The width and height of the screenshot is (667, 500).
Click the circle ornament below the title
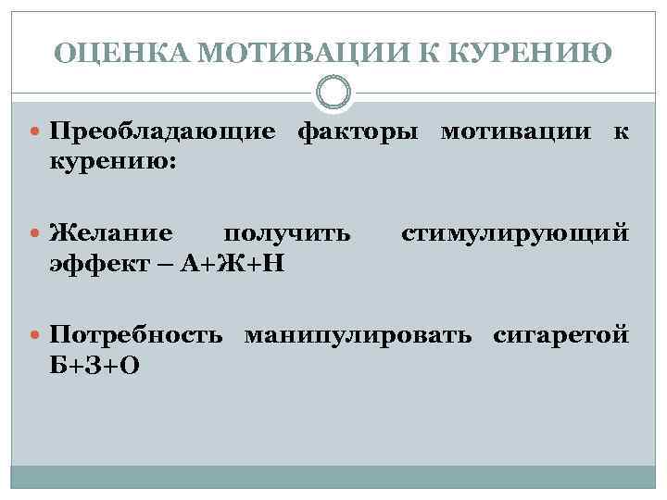click(x=333, y=93)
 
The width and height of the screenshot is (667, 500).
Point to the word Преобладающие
click(x=162, y=132)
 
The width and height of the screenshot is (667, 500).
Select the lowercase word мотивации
click(x=514, y=132)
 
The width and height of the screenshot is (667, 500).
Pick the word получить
click(x=288, y=231)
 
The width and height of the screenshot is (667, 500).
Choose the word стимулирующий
click(x=515, y=231)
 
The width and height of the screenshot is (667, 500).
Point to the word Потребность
click(x=135, y=331)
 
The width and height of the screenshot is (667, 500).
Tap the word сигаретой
click(x=560, y=331)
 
